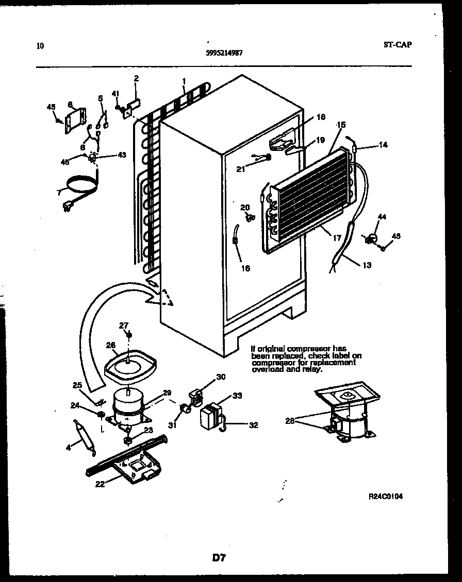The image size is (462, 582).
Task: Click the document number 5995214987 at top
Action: pyautogui.click(x=225, y=52)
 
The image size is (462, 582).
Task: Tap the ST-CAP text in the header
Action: pyautogui.click(x=398, y=44)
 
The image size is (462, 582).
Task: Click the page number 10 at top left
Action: pyautogui.click(x=41, y=46)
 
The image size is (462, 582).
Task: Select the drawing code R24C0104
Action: pyautogui.click(x=386, y=497)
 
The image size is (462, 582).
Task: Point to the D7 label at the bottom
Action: pyautogui.click(x=219, y=557)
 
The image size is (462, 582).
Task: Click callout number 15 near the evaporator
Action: pyautogui.click(x=340, y=125)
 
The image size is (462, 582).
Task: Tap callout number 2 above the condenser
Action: pyautogui.click(x=136, y=78)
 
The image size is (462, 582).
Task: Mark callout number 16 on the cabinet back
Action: pyautogui.click(x=245, y=268)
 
